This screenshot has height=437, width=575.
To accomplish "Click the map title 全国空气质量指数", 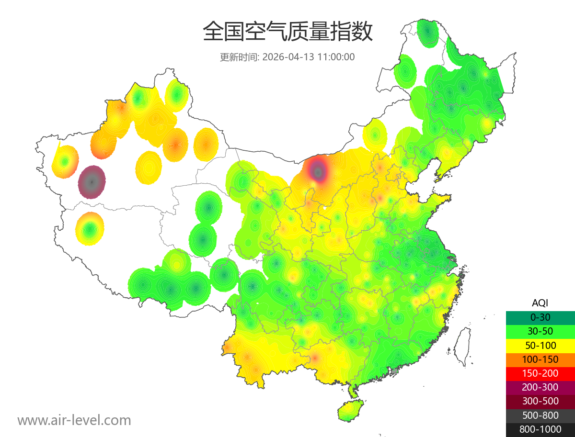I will [x=287, y=32].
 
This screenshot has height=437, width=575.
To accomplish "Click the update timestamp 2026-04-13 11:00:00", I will [x=309, y=57].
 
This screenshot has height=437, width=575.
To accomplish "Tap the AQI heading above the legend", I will [x=540, y=303].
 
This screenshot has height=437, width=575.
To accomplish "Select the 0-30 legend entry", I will [x=540, y=317].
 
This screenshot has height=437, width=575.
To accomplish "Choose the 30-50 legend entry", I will [x=540, y=331].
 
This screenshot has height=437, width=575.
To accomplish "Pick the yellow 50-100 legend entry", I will [x=540, y=345].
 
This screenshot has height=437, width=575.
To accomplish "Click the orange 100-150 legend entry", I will [x=540, y=359].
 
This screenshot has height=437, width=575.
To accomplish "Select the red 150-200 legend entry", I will [x=540, y=373].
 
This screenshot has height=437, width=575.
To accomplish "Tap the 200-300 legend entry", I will [x=540, y=387].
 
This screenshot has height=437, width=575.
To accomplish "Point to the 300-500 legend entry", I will [x=540, y=401].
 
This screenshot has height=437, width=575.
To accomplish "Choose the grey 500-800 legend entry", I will [x=540, y=415].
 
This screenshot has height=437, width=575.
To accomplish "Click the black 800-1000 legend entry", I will [x=540, y=429].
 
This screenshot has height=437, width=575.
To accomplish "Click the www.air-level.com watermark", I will [x=74, y=420].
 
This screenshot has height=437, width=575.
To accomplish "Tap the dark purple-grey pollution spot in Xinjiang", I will [x=92, y=182].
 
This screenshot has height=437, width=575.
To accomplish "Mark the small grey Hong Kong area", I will [x=395, y=371].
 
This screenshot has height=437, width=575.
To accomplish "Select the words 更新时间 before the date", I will [x=238, y=57].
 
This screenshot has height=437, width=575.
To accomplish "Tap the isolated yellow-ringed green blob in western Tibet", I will [x=90, y=229].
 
